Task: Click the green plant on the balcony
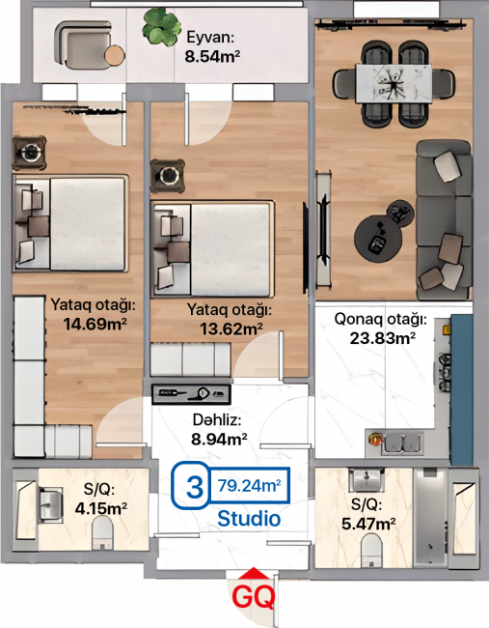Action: tap(161, 27)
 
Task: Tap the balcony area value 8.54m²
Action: tap(212, 56)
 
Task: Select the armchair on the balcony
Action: tap(84, 45)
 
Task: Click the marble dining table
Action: tap(394, 84)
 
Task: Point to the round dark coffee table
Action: tap(378, 239)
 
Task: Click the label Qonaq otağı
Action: tap(380, 320)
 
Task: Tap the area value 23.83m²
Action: tap(382, 338)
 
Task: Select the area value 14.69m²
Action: tap(95, 324)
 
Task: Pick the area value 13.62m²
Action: tap(231, 328)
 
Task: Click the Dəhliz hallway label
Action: tap(217, 419)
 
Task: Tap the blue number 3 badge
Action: tap(194, 486)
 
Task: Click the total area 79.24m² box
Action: tap(249, 485)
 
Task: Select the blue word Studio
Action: tap(249, 519)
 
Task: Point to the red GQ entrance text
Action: tap(254, 597)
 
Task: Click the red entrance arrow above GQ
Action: tap(254, 573)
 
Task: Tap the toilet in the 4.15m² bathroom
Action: tap(102, 533)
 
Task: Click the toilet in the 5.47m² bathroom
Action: tap(372, 551)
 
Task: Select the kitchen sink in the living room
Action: tap(402, 443)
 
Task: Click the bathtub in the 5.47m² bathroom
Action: tap(430, 518)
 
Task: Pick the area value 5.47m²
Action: tap(368, 524)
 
